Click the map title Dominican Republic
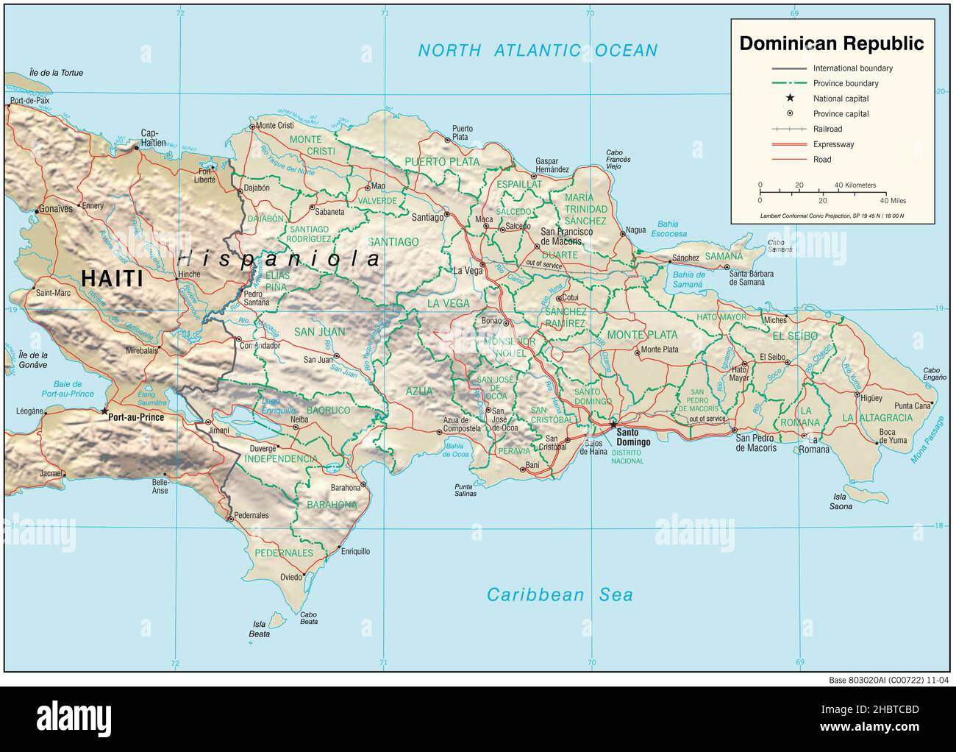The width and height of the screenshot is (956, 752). [x=831, y=43]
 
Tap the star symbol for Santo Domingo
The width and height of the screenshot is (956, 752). [x=613, y=424]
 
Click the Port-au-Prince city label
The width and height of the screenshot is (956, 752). [x=135, y=416]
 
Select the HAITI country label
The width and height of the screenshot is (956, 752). [x=112, y=278]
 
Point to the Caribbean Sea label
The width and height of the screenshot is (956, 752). [x=560, y=595]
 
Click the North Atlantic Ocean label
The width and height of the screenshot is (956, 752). [x=538, y=50]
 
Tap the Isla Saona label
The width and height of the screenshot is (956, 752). [x=841, y=502]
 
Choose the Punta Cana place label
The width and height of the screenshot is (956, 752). [x=912, y=405]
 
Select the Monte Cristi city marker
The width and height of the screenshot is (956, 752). [x=252, y=127]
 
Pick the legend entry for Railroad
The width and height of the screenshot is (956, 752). [x=828, y=129]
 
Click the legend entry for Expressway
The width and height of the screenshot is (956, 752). [x=833, y=144]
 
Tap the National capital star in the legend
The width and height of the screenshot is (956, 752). [x=790, y=98]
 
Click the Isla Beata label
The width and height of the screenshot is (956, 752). [x=259, y=629]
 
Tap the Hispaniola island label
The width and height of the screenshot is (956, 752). [x=279, y=259]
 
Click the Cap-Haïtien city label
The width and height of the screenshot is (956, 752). [x=153, y=138]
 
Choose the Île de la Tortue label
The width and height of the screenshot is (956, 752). [x=56, y=73]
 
